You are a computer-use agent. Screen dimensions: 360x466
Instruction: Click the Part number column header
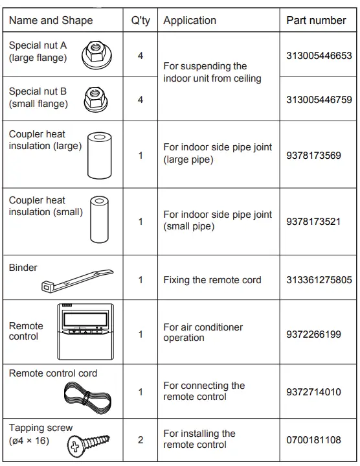pos(316,20)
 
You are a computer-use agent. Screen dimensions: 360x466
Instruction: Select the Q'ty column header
pos(141,20)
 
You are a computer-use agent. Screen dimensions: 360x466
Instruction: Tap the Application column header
pos(190,20)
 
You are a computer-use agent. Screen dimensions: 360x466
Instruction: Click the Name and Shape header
pos(51,20)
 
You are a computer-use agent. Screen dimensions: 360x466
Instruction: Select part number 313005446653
pos(319,56)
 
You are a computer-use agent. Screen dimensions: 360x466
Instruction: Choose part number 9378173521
pos(313,222)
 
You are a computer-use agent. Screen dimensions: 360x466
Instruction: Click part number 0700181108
pos(313,440)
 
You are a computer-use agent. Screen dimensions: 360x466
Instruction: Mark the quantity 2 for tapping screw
pos(141,440)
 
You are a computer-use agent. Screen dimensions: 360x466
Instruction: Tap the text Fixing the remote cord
pos(212,280)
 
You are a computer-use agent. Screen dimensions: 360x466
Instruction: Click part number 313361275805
pos(319,280)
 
